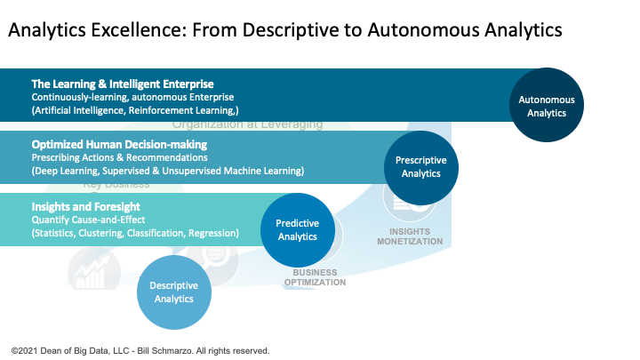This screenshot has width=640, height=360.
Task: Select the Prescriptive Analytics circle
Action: tap(420, 167)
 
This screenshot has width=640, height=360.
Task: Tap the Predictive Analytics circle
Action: tap(297, 230)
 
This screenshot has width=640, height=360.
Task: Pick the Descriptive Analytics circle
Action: tap(174, 292)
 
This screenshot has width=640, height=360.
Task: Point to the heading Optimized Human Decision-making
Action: tap(119, 144)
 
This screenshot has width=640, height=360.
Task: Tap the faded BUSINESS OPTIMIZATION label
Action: tap(314, 277)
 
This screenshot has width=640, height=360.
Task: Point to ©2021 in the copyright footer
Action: tap(23, 350)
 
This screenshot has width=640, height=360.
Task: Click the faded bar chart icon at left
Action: tap(90, 270)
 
